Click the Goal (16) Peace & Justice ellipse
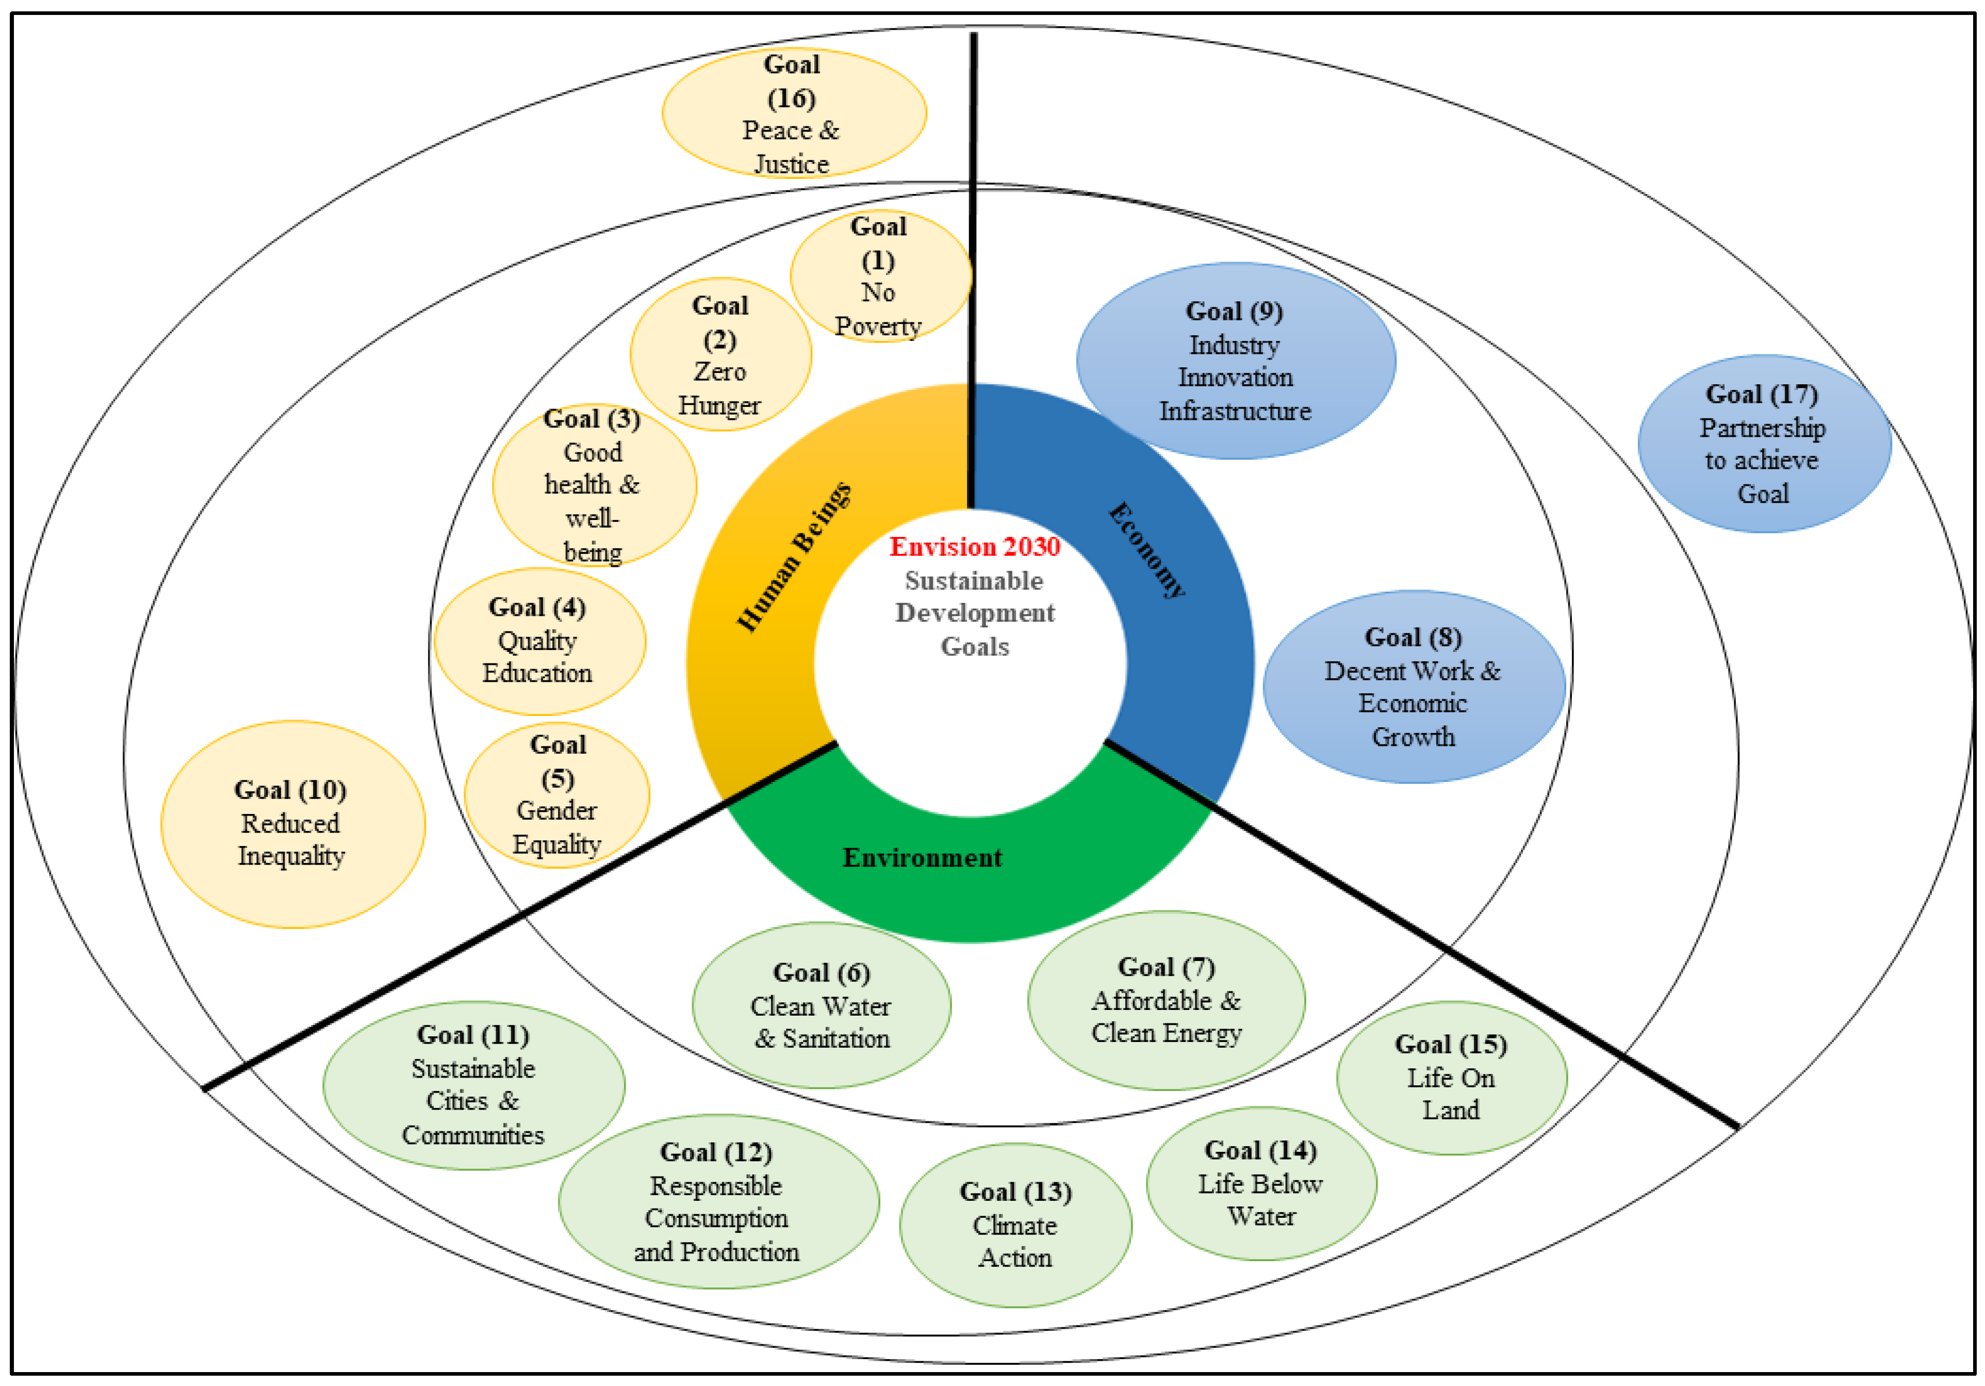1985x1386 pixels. [794, 113]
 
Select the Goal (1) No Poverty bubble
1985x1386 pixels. [880, 276]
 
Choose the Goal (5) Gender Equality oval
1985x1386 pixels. [557, 794]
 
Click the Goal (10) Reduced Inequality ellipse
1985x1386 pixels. [292, 824]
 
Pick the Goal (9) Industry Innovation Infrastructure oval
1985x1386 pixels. [1236, 361]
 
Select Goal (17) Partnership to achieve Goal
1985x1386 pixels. [1764, 444]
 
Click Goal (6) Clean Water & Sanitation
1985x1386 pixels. [822, 1005]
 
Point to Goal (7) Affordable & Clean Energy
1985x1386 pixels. [1166, 1000]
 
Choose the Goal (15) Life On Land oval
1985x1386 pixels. [1452, 1078]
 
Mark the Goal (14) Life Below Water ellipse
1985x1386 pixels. [1261, 1183]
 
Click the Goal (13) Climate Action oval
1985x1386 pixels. [1016, 1225]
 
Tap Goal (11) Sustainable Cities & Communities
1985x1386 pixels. [474, 1085]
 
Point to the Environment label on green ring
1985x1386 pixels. [923, 858]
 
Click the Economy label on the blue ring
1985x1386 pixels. [1147, 550]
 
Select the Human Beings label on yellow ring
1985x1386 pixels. [794, 558]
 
